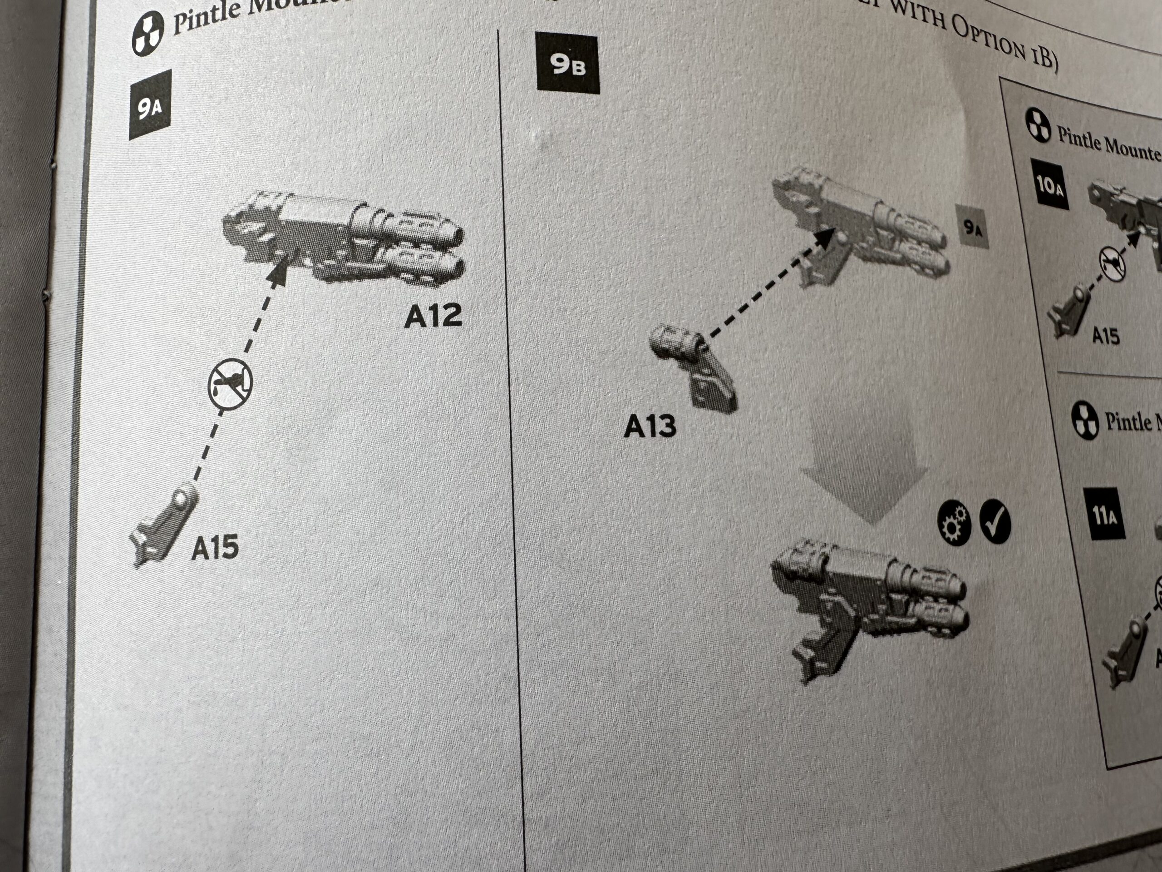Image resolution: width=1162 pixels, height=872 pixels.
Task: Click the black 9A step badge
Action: (150, 107)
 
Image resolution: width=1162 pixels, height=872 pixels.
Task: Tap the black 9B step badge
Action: (567, 64)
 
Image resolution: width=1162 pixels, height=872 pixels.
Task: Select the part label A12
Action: (433, 316)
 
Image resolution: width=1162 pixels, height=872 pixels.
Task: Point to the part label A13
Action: (650, 426)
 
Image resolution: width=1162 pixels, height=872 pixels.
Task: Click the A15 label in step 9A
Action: (215, 547)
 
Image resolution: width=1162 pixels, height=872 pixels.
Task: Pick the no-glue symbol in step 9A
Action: (230, 383)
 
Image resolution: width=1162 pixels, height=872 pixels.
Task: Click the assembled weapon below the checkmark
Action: (867, 609)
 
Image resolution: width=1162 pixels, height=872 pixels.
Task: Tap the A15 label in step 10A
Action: (1106, 335)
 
